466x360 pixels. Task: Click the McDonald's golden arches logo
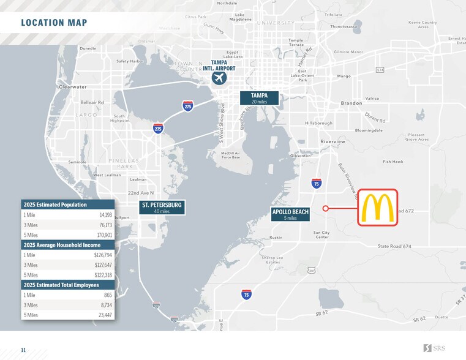tap(377, 208)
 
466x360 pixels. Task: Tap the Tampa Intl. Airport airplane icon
tap(219, 79)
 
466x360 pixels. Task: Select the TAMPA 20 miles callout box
tap(259, 98)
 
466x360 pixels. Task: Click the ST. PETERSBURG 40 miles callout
tap(162, 208)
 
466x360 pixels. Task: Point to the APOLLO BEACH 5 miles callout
tap(290, 214)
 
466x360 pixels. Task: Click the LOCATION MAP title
tap(54, 23)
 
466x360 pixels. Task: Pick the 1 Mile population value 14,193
tap(105, 215)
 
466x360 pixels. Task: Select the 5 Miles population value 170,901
tap(104, 235)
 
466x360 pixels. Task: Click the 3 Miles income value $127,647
tap(103, 265)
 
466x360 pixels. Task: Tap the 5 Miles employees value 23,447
tap(105, 315)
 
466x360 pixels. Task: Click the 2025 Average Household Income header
tap(61, 245)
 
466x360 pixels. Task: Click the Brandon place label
tap(352, 103)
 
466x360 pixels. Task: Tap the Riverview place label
tap(333, 141)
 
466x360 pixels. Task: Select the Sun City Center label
tap(321, 235)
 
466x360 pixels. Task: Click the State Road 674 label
tap(394, 246)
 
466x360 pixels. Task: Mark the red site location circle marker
tap(326, 208)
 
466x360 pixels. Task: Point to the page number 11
tap(23, 350)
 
